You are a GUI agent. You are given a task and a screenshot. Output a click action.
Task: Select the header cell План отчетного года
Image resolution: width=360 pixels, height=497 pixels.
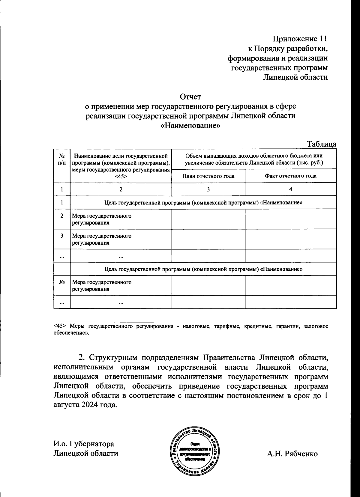(x=208, y=176)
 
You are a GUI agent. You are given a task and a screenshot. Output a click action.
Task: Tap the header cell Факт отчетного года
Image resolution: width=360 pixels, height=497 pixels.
(x=290, y=176)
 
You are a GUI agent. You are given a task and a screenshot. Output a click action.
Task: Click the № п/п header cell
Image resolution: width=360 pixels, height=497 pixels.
(x=61, y=159)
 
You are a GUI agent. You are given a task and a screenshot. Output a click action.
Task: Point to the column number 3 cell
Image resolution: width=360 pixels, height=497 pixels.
(x=208, y=189)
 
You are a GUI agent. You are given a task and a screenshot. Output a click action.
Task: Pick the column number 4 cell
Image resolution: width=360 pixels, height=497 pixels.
(x=290, y=189)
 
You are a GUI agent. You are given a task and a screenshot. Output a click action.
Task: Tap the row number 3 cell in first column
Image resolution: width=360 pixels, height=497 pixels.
(x=61, y=236)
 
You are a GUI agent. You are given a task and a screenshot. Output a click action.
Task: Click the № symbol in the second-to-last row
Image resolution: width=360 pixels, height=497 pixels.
(x=61, y=282)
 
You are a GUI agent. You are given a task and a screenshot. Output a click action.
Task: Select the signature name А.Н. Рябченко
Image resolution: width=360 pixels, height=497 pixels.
(x=292, y=454)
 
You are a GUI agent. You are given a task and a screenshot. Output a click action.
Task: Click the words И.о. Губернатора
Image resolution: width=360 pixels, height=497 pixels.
(x=84, y=444)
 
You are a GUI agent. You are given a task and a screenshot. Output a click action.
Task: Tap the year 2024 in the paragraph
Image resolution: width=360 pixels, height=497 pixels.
(x=90, y=405)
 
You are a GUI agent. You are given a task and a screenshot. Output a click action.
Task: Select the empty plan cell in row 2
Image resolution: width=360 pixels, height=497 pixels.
(x=208, y=219)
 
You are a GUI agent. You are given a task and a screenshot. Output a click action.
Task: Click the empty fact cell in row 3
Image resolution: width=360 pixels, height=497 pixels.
(x=290, y=239)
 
